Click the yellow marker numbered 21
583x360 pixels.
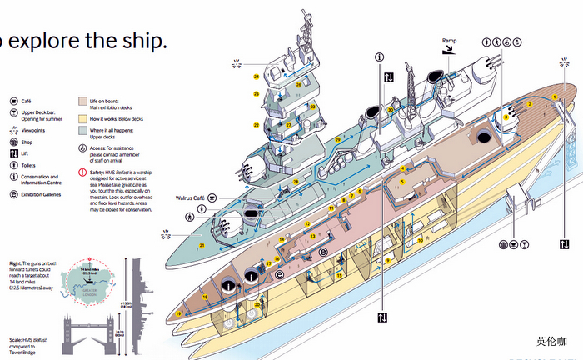point(202,246)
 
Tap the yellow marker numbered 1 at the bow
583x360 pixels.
point(554,97)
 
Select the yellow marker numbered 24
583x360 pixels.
point(257,77)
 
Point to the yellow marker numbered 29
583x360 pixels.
point(338,139)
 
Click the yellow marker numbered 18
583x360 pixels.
point(205,297)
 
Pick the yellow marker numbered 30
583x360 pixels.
point(390,110)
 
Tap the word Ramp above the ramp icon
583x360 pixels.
point(449,40)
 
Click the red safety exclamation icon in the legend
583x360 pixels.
point(82,172)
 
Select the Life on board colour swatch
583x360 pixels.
point(82,100)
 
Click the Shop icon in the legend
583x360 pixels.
point(13,142)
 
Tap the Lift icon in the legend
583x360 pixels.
point(13,153)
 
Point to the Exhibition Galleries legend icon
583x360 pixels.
point(13,194)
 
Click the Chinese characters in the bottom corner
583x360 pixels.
point(551,341)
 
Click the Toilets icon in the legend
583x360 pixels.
point(13,165)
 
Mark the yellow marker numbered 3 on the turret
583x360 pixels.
point(505,117)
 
